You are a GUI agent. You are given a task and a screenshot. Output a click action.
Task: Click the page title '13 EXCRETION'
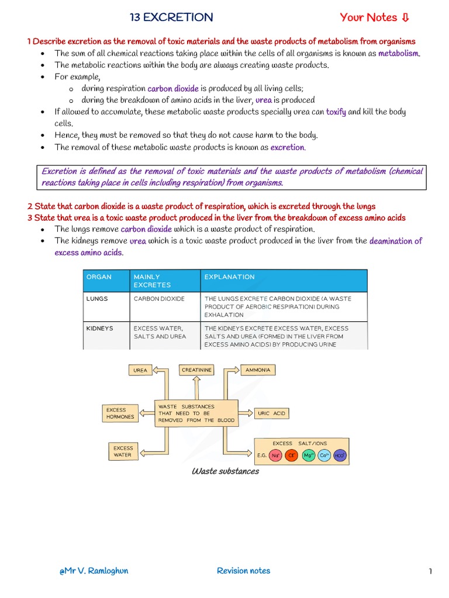pos(171,18)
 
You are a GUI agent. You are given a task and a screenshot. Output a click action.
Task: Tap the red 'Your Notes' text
pos(375,18)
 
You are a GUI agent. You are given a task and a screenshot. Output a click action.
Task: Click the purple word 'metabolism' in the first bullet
pos(399,53)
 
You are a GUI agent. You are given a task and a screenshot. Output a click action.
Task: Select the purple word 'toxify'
pos(336,112)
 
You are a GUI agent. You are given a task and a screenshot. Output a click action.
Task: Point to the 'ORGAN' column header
pos(99,277)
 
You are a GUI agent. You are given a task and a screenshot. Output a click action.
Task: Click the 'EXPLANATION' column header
pos(229,277)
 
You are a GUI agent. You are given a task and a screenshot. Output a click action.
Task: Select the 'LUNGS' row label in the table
pos(97,298)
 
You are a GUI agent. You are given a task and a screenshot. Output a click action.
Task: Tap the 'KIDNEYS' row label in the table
pos(99,328)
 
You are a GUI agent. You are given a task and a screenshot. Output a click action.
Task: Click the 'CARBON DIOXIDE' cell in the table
pos(159,298)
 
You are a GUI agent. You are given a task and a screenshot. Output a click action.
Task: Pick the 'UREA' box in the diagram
pos(141,370)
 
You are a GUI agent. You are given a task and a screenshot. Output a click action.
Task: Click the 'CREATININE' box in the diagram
pos(196,370)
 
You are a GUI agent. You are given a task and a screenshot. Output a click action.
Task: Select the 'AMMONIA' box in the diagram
pos(258,370)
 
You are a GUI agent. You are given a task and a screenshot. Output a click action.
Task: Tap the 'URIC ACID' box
pos(271,413)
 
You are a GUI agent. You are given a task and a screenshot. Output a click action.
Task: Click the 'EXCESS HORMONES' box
pos(120,413)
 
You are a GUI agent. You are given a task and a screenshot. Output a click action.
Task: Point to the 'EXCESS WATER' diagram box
pos(123,451)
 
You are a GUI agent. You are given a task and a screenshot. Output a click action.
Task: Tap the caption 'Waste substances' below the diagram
pos(225,471)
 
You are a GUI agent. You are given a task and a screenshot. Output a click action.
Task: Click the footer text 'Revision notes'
pos(243,571)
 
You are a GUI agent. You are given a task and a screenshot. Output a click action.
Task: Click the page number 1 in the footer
pos(430,571)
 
